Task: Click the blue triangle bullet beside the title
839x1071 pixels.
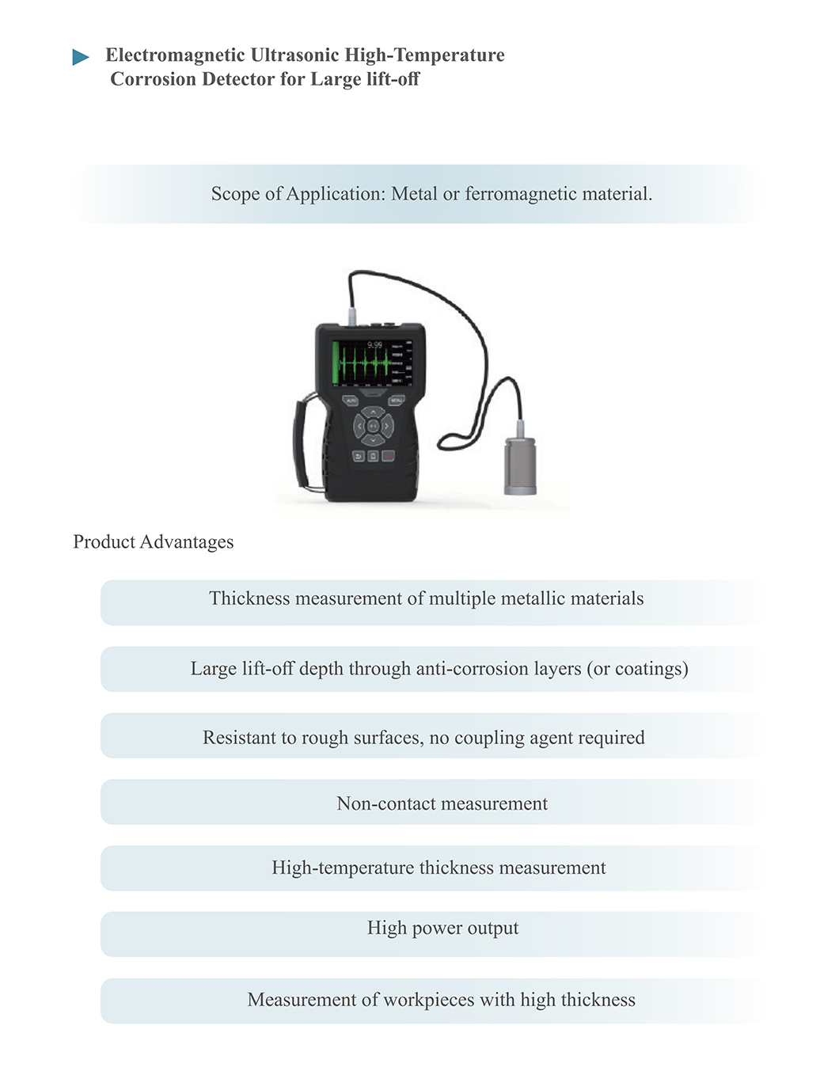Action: click(x=80, y=57)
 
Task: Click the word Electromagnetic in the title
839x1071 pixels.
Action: click(x=175, y=55)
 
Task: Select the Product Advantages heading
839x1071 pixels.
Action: click(x=154, y=542)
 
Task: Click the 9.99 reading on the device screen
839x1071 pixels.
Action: click(x=374, y=344)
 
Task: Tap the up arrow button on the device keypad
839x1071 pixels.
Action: click(x=374, y=412)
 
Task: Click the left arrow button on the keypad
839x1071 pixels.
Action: click(x=359, y=427)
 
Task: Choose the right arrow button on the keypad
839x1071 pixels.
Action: click(x=388, y=427)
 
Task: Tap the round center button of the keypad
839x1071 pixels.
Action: click(x=374, y=427)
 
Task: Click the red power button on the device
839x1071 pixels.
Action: click(x=388, y=457)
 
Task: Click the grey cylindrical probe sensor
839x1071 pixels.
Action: click(x=520, y=465)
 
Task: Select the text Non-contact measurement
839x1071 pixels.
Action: click(x=442, y=804)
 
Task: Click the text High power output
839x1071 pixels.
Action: click(x=442, y=929)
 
